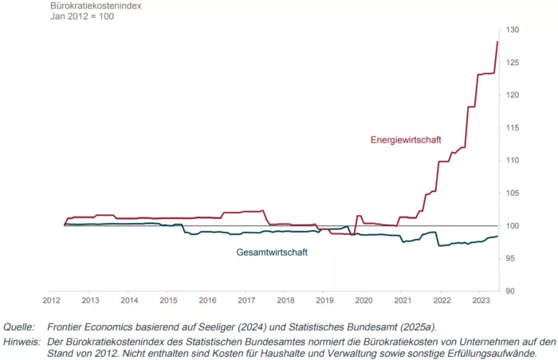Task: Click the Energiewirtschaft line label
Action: tap(406, 139)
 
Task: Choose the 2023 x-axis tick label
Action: tap(480, 300)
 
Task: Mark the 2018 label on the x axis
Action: tap(285, 300)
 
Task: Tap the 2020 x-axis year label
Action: tap(363, 300)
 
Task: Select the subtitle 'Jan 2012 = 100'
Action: tap(83, 17)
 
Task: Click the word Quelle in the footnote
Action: tap(21, 327)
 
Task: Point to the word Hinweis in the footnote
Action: tap(22, 340)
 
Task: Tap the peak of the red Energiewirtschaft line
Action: tap(498, 42)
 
